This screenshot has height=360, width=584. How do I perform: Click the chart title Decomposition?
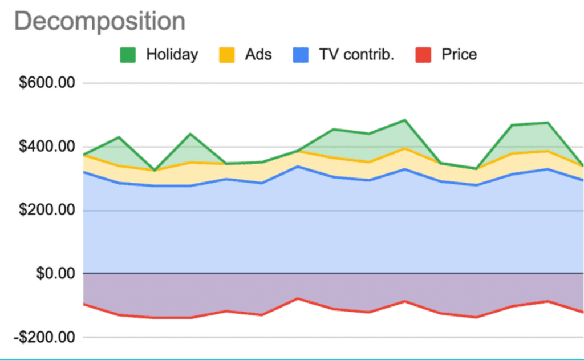(x=99, y=22)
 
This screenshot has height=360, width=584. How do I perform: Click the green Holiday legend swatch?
(x=128, y=55)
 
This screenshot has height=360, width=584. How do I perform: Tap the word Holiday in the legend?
(x=172, y=54)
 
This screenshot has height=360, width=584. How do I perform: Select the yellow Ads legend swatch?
(x=227, y=55)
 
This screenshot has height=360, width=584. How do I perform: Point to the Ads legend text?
(x=258, y=54)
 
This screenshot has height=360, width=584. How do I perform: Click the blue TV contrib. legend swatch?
(x=301, y=55)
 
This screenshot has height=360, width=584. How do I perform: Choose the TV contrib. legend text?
(x=356, y=54)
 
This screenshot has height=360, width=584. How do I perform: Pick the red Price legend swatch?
(x=423, y=55)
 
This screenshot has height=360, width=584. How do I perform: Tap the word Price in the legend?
(x=459, y=54)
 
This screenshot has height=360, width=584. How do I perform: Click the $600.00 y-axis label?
(x=47, y=83)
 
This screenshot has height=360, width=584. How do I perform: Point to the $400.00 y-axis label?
(x=47, y=147)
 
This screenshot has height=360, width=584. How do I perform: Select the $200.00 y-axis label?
(x=47, y=210)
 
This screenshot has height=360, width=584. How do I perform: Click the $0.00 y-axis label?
(x=55, y=273)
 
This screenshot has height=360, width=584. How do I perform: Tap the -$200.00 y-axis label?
(x=44, y=337)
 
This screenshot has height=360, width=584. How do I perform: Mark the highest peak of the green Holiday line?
(x=405, y=120)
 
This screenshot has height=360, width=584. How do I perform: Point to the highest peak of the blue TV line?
(x=298, y=166)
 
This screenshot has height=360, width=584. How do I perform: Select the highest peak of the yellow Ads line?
(x=405, y=148)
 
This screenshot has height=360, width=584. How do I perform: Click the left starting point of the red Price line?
(x=83, y=304)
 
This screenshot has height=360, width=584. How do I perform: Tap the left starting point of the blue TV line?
(x=83, y=172)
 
